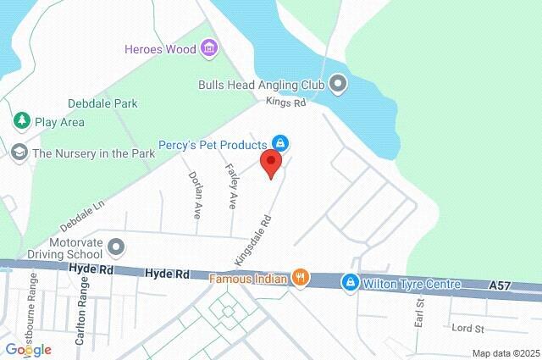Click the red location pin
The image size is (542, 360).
click(271, 163)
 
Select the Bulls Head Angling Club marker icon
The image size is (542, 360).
click(339, 84)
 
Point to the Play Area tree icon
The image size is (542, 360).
click(21, 122)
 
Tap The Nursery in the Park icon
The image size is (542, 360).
click(19, 153)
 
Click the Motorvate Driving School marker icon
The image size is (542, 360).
click(118, 247)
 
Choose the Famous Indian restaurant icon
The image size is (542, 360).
click(299, 277)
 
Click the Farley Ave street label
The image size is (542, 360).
click(230, 186)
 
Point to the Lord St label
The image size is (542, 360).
click(467, 329)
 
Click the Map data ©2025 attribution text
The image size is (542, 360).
click(506, 353)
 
